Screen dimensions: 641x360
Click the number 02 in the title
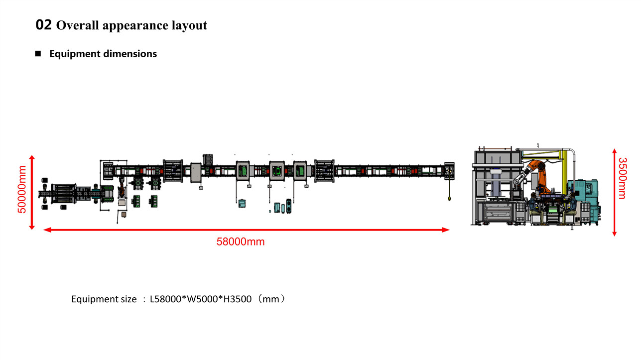[43, 25]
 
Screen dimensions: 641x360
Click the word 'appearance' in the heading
[135, 26]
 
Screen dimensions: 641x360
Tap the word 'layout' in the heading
[189, 25]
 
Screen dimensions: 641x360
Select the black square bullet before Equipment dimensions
[38, 53]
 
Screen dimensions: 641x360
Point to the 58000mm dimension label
[241, 242]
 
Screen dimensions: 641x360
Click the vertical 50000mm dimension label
[22, 189]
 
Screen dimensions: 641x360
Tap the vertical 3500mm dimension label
[623, 178]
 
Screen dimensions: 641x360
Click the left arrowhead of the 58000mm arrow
[47, 230]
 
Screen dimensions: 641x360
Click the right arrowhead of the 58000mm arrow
[446, 230]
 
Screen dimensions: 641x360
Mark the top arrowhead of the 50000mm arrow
[32, 158]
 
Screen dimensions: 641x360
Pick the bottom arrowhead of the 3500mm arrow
[614, 234]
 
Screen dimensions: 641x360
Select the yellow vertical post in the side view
[565, 171]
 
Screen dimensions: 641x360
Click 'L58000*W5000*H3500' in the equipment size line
[201, 299]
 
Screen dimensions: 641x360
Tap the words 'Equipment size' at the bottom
[104, 299]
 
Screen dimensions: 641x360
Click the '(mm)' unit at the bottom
[271, 299]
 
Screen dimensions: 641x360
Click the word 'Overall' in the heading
[78, 25]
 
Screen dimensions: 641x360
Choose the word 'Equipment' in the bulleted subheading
[75, 54]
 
